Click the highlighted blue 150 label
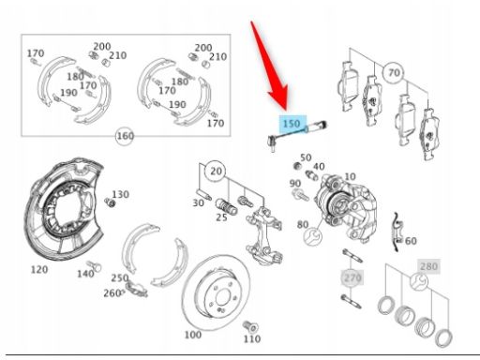[292, 124]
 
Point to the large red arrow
[268, 65]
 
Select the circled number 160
[125, 136]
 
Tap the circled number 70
[394, 73]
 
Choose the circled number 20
[217, 172]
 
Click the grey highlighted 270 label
[352, 277]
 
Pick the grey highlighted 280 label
[428, 266]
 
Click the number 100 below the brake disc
[193, 335]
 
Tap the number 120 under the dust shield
[39, 269]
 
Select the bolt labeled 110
[250, 326]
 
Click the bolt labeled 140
[95, 265]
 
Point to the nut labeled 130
[110, 202]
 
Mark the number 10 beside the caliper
[350, 176]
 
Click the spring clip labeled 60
[397, 232]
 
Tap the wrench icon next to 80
[313, 236]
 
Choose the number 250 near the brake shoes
[120, 277]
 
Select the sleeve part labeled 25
[227, 205]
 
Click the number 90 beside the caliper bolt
[295, 184]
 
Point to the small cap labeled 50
[297, 166]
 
